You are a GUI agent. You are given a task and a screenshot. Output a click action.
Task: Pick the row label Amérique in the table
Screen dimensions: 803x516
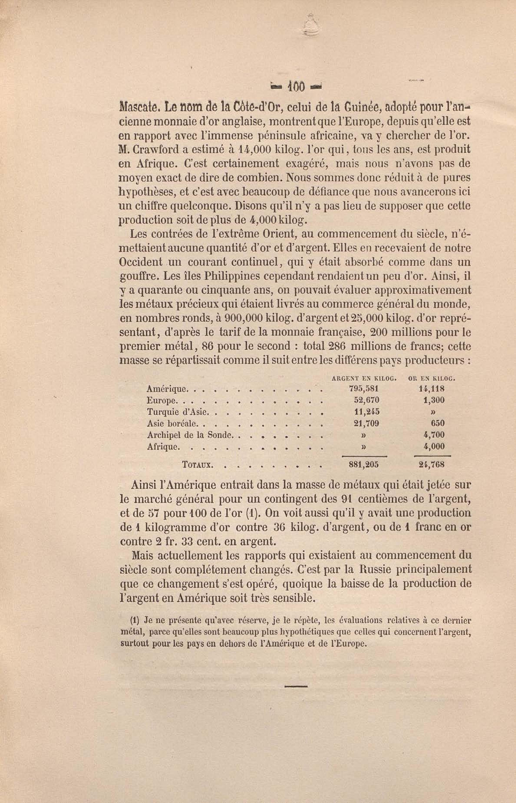click(x=166, y=389)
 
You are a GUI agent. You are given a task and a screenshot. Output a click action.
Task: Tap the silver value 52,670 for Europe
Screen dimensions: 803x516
click(x=367, y=400)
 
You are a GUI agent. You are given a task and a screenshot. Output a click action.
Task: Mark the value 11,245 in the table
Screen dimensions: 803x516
click(x=367, y=412)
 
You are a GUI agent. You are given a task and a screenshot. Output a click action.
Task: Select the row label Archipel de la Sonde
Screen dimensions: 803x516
click(x=190, y=435)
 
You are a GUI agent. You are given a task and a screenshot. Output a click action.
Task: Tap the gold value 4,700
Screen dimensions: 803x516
click(x=434, y=435)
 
